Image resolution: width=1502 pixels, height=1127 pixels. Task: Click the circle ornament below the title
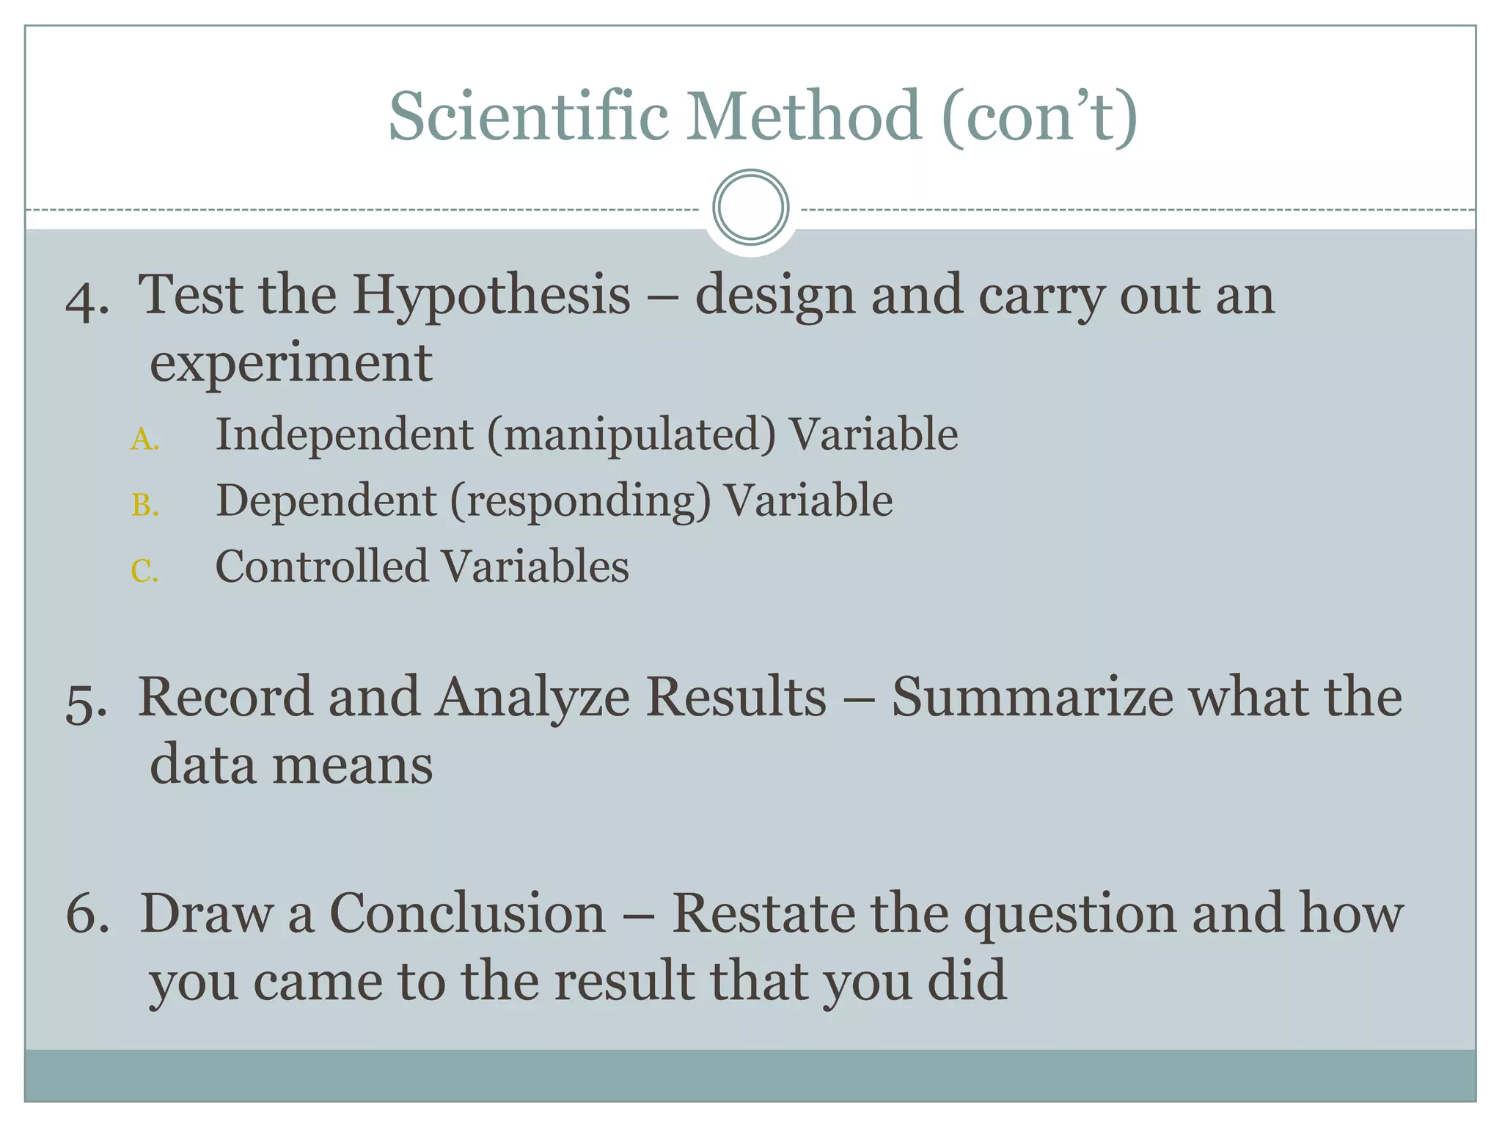[x=750, y=208]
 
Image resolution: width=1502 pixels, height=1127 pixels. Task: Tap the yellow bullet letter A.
[x=144, y=440]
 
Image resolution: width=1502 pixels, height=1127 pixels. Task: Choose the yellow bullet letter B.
[x=144, y=506]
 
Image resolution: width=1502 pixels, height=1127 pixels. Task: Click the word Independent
[x=344, y=434]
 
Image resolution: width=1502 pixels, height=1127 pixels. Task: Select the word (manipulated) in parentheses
[x=631, y=434]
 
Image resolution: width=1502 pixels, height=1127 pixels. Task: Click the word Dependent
[x=326, y=501]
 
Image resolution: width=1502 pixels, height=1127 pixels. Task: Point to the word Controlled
[x=321, y=566]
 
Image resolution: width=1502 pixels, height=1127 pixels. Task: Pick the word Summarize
[x=1033, y=697]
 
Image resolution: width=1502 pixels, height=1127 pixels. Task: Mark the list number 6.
[x=87, y=915]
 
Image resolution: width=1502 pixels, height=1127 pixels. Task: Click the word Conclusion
[x=467, y=913]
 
